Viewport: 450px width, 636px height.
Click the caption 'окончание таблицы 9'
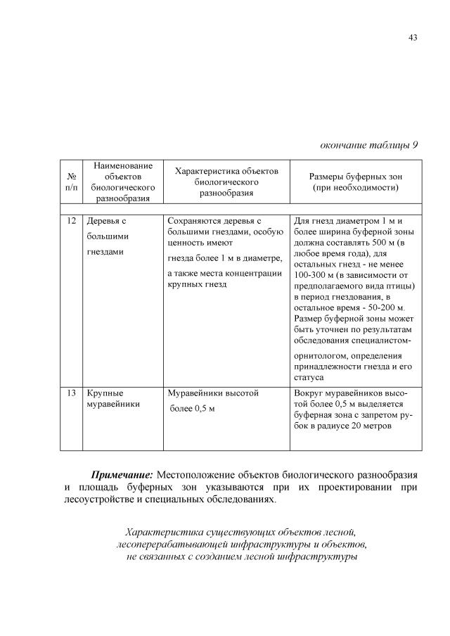click(x=368, y=145)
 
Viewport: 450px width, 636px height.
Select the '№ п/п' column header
click(x=71, y=182)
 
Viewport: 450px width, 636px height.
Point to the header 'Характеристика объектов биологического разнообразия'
click(x=226, y=182)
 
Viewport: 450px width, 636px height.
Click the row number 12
click(x=71, y=220)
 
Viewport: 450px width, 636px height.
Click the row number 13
click(x=71, y=393)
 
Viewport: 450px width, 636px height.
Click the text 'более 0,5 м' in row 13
click(x=192, y=409)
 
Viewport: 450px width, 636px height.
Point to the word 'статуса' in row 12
click(x=309, y=377)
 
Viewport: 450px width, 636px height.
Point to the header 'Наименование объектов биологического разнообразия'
click(x=123, y=182)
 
